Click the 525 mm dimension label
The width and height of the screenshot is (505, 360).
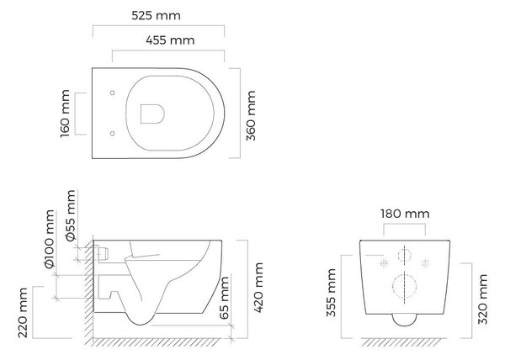pyautogui.click(x=157, y=15)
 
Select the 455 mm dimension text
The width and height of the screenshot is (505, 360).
pyautogui.click(x=170, y=40)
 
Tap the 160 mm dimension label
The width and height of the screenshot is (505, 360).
pyautogui.click(x=65, y=114)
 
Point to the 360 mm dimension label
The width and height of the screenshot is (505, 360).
pyautogui.click(x=251, y=115)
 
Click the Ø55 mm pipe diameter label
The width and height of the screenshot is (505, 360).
pyautogui.click(x=71, y=215)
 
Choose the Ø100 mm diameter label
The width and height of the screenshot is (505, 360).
pyautogui.click(x=50, y=239)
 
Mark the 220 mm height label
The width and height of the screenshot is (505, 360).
pyautogui.click(x=23, y=313)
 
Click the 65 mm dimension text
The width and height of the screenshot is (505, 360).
pyautogui.click(x=224, y=298)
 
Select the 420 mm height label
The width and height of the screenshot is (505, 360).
pyautogui.click(x=258, y=288)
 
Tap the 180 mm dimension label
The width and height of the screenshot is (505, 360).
pyautogui.click(x=405, y=214)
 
